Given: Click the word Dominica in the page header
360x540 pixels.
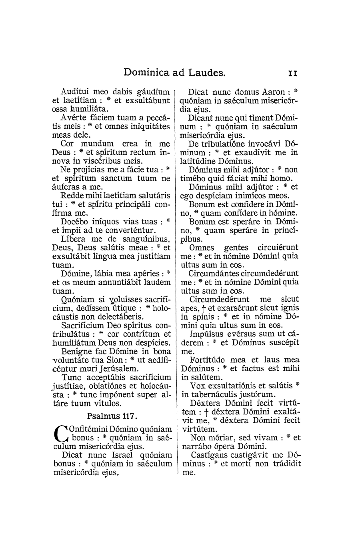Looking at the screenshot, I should coord(146,72).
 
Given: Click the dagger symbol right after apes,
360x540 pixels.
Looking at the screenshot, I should coord(204,308).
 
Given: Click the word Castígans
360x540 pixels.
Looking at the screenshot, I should coord(208,455).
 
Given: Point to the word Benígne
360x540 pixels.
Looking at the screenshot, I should coord(77,351).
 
